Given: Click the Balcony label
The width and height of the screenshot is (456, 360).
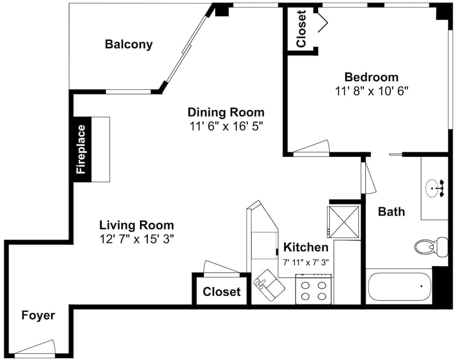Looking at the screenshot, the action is point(129,45).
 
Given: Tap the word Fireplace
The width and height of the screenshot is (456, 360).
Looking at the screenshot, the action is point(81,149).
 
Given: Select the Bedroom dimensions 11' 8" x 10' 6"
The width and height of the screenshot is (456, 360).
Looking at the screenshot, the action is point(372,91).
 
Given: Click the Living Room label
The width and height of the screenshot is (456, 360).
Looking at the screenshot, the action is point(137,225).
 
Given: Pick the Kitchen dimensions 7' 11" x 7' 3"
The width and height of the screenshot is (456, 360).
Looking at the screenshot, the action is point(306,262).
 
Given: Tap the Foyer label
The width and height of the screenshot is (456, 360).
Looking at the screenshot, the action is point(38,315).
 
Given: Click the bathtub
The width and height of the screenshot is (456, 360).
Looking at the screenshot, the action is point(399,287).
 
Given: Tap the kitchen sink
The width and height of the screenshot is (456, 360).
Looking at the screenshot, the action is point(269,285).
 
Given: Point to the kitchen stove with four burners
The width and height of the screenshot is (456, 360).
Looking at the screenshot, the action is point(314,289).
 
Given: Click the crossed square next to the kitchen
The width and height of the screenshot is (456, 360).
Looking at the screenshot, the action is point(343,222).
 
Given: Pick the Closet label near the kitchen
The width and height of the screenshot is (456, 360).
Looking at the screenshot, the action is point(222,292).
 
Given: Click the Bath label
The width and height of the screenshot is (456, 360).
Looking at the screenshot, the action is point(391,211).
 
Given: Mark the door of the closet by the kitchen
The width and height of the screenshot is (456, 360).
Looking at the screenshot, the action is point(221,267).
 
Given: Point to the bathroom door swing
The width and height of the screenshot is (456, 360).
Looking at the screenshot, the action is point(368,177).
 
